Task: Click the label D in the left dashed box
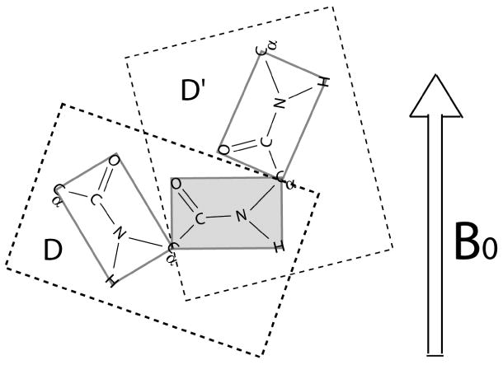[x=53, y=250]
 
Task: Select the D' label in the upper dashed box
[x=194, y=91]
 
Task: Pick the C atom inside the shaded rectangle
[x=200, y=220]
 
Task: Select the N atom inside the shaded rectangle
[x=241, y=216]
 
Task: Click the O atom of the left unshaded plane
[x=114, y=160]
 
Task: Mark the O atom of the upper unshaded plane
[x=223, y=151]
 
